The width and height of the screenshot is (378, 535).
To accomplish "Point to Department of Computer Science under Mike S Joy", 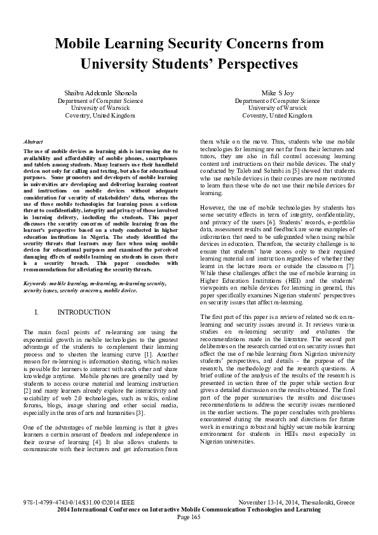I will click(x=278, y=100).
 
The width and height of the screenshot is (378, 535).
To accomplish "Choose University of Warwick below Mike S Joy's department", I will click(x=278, y=108).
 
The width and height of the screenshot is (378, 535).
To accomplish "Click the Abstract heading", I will click(x=32, y=143).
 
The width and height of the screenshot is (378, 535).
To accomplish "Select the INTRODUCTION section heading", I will click(x=84, y=313).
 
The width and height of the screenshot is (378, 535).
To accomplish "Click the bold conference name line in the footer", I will click(x=189, y=510).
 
